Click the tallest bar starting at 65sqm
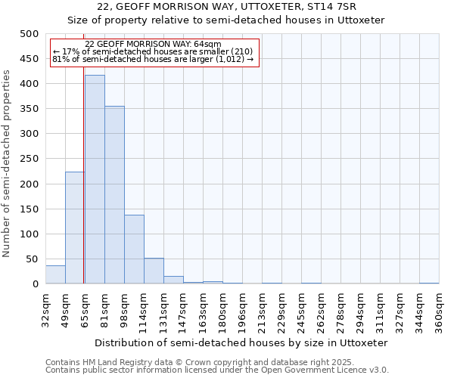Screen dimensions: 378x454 click(95, 180)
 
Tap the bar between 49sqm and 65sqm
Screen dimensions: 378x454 click(75, 228)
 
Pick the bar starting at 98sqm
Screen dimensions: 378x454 click(134, 249)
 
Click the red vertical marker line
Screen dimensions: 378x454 click(83, 189)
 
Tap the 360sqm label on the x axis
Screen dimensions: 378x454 click(440, 310)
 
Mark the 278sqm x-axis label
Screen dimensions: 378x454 click(341, 310)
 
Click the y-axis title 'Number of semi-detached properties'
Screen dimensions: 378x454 click(8, 163)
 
